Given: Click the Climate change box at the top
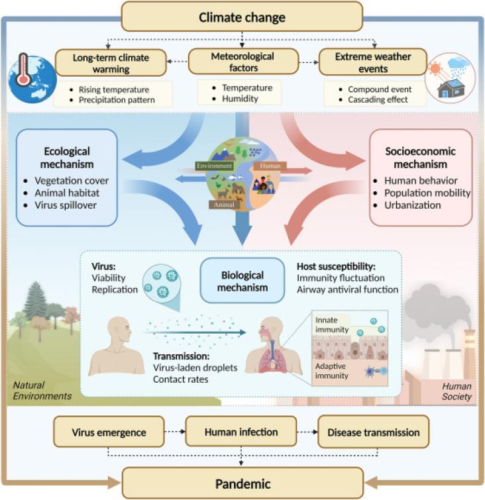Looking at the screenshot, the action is pyautogui.click(x=242, y=17).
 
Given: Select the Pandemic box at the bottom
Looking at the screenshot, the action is pyautogui.click(x=242, y=483).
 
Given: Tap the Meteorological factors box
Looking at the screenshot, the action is pyautogui.click(x=243, y=62).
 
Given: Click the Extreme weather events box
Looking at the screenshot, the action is pyautogui.click(x=372, y=62).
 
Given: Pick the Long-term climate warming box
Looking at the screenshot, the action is pyautogui.click(x=111, y=63).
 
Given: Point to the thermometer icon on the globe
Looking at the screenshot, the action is pyautogui.click(x=23, y=70).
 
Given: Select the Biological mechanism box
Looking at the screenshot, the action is pyautogui.click(x=242, y=281).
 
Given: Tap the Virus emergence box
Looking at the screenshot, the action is pyautogui.click(x=109, y=432).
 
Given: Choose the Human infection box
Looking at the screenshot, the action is pyautogui.click(x=241, y=431).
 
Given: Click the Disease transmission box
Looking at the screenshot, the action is pyautogui.click(x=373, y=432).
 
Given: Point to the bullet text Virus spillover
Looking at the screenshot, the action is pyautogui.click(x=66, y=205).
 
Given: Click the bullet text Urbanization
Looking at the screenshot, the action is pyautogui.click(x=412, y=205).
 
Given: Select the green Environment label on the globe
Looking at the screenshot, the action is pyautogui.click(x=214, y=166).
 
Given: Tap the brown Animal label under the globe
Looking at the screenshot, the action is pyautogui.click(x=224, y=205).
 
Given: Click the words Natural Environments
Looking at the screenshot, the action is pyautogui.click(x=42, y=390).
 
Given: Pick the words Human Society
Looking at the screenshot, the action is pyautogui.click(x=457, y=391).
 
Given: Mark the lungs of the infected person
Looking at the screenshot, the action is pyautogui.click(x=272, y=360).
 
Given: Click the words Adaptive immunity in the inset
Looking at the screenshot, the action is pyautogui.click(x=331, y=371).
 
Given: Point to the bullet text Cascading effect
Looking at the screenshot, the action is pyautogui.click(x=378, y=99).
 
